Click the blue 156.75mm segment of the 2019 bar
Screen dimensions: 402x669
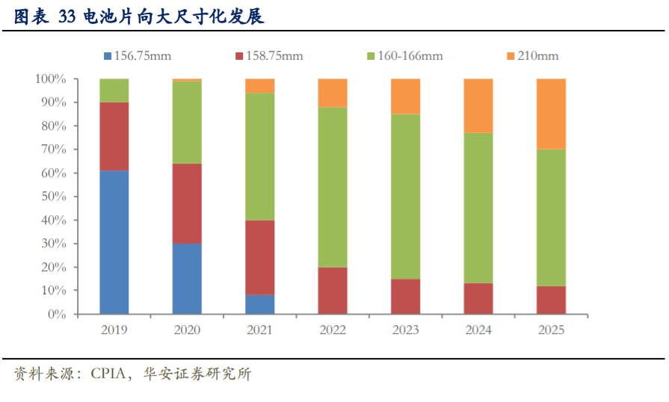coord(114,242)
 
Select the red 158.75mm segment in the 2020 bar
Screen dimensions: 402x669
coord(187,203)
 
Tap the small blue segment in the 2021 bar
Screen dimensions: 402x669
coord(260,304)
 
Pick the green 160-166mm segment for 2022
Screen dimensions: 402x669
coord(333,187)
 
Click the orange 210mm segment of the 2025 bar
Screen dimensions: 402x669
coord(552,114)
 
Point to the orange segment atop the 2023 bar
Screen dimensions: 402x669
coord(406,96)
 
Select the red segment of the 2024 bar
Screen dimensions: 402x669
coord(478,298)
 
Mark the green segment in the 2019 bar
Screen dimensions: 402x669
coord(114,90)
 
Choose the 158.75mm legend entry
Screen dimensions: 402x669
coord(270,56)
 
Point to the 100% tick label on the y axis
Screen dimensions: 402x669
coord(52,78)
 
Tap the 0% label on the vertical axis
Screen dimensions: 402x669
coord(58,315)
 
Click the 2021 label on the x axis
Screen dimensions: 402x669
coord(260,330)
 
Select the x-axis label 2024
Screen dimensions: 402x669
coord(478,330)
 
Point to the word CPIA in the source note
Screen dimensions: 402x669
coord(108,374)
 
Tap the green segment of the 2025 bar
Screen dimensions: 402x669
coord(552,217)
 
